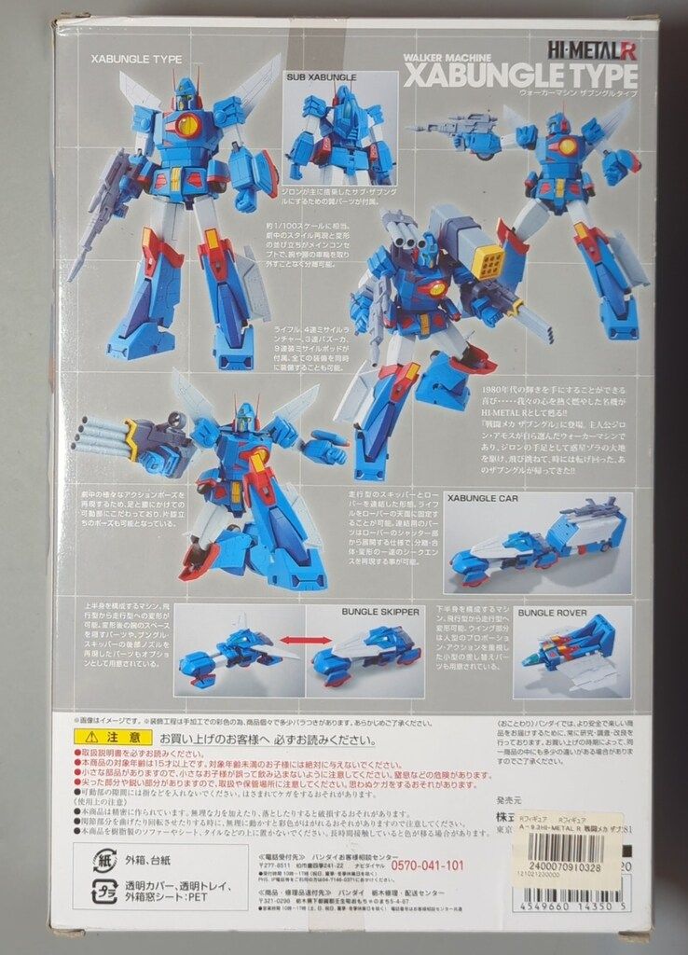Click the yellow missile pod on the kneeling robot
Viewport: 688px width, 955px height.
point(488,264)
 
